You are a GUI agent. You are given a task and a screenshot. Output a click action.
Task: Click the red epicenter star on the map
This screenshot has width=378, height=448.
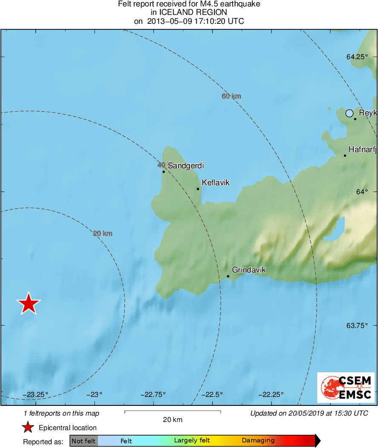[29, 304]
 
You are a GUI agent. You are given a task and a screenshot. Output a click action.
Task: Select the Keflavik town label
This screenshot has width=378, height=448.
[215, 183]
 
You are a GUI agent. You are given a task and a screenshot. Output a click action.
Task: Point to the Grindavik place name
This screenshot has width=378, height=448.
[249, 270]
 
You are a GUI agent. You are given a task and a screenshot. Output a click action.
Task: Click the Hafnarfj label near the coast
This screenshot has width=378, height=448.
[362, 149]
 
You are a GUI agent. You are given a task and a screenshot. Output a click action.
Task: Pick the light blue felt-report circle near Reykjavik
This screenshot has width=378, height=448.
[349, 113]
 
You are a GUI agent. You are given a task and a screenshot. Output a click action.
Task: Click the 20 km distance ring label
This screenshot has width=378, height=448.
[103, 233]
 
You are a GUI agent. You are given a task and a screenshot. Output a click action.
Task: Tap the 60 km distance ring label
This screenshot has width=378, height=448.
[231, 96]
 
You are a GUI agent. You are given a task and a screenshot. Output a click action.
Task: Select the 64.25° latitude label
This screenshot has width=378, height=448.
[357, 57]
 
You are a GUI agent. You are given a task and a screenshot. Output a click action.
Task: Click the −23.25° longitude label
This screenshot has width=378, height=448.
[36, 394]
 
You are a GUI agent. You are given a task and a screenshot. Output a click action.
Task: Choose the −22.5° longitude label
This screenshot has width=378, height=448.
[212, 394]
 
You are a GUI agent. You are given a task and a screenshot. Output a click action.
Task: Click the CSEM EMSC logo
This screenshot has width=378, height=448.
[346, 387]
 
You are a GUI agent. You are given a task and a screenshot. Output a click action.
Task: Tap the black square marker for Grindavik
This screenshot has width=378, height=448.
[228, 276]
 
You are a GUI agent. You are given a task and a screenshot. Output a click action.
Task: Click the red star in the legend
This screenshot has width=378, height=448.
[28, 428]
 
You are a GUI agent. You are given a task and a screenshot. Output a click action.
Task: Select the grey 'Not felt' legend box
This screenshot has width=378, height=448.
[83, 441]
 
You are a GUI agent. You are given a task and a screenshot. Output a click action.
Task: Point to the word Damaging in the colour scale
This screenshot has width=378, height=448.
[258, 441]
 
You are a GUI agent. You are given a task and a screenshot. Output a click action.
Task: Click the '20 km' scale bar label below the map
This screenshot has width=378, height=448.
[172, 420]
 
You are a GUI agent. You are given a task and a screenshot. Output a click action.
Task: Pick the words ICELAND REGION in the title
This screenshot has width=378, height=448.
[189, 13]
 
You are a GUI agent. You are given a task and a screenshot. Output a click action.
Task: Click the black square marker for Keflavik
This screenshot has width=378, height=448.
[198, 189]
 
